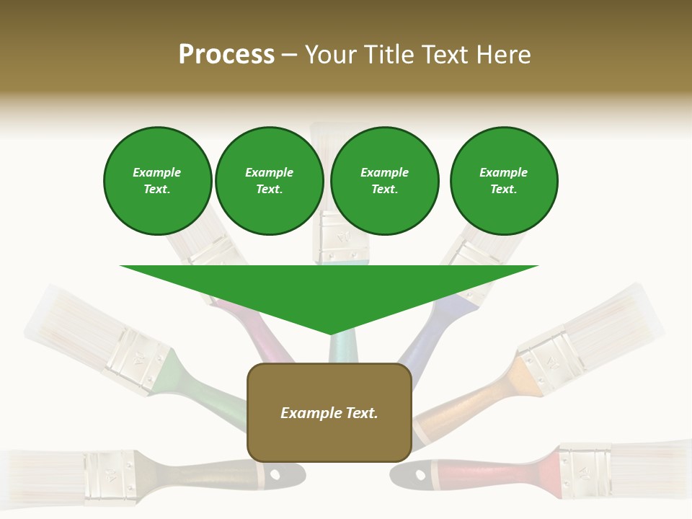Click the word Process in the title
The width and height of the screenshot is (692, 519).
click(x=226, y=55)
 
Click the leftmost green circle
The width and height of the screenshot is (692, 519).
click(x=158, y=181)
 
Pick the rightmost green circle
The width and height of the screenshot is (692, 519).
click(x=504, y=181)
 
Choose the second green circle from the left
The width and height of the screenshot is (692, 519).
click(x=270, y=181)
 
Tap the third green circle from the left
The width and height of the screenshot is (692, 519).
click(x=385, y=181)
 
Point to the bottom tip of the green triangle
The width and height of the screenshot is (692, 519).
click(x=331, y=334)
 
